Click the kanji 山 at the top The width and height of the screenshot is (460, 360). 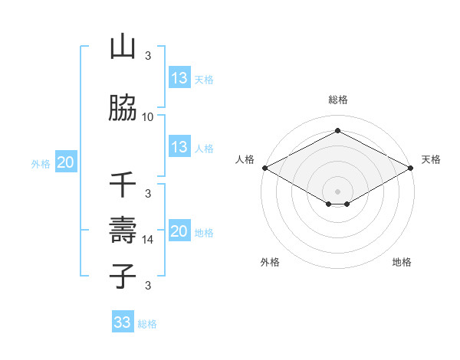123,48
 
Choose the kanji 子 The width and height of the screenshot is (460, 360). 123,276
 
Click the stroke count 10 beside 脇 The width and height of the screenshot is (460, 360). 148,116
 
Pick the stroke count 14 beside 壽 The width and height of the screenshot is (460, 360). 148,239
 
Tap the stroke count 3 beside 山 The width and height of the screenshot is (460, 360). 148,56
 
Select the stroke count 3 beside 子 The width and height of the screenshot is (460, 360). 148,286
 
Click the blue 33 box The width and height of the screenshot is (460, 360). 123,322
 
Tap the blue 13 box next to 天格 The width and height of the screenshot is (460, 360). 179,78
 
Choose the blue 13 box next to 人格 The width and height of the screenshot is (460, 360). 179,147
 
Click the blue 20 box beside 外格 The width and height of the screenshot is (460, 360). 66,162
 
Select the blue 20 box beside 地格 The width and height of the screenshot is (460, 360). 179,231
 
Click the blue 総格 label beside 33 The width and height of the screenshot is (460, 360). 147,324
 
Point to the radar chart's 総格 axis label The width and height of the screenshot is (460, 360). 338,100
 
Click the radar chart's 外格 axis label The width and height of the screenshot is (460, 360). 270,262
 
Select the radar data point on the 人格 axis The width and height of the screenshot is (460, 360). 264,168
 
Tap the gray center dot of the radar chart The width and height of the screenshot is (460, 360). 338,191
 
